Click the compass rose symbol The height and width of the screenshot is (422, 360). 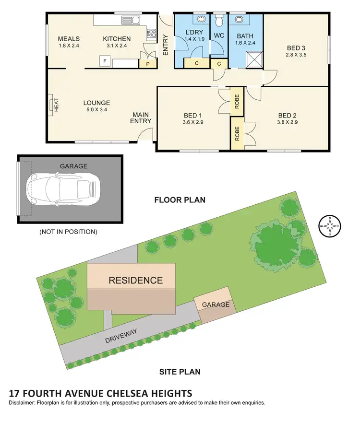[x=331, y=225]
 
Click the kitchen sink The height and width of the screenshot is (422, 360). [x=130, y=20]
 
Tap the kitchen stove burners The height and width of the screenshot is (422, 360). [x=151, y=33]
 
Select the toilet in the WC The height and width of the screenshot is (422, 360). [x=220, y=20]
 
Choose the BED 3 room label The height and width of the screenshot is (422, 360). [x=296, y=47]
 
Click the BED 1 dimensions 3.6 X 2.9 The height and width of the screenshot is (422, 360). [x=193, y=122]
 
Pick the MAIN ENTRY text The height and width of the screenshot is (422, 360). [x=142, y=117]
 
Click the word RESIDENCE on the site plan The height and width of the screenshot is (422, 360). [x=135, y=281]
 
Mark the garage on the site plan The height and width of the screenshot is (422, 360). [x=216, y=305]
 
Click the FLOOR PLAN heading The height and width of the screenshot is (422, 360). [x=180, y=199]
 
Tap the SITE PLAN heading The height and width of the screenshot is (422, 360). [x=180, y=371]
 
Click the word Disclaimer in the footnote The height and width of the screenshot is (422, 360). [x=25, y=403]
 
